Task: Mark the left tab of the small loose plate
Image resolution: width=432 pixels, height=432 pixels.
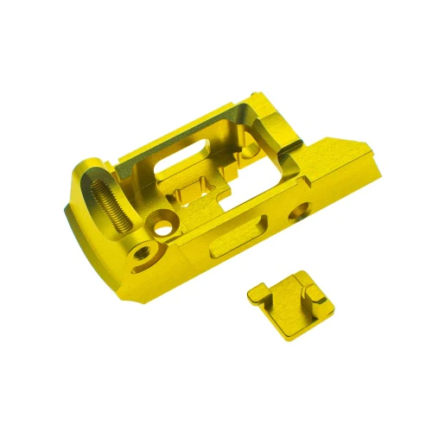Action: point(256,293)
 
